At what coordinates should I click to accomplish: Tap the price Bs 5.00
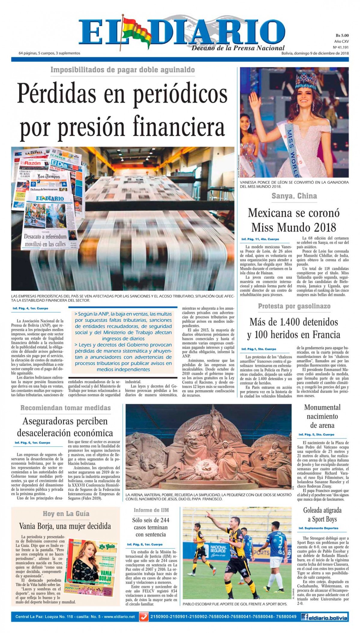[342, 35]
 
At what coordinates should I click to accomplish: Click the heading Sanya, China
[294, 196]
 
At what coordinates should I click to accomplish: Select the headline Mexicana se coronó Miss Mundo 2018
[294, 220]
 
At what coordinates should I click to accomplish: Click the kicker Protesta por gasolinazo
[294, 306]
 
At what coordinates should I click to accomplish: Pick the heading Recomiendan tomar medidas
[65, 408]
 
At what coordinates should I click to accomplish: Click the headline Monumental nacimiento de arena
[322, 416]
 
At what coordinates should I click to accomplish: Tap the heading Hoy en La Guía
[66, 514]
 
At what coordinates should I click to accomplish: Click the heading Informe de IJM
[151, 510]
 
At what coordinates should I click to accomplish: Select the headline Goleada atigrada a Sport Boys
[322, 515]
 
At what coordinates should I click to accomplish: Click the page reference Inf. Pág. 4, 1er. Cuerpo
[30, 308]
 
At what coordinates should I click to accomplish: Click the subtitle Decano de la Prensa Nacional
[238, 48]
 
